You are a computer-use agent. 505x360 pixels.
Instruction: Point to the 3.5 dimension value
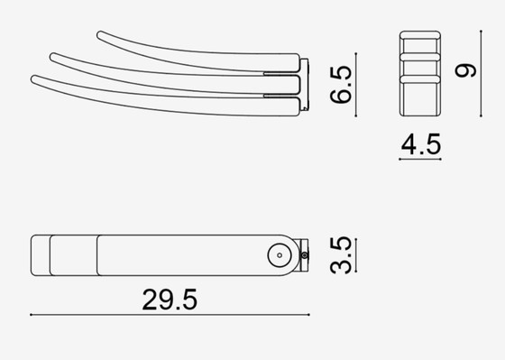click(x=340, y=256)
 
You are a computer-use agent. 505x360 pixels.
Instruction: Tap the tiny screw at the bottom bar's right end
click(x=305, y=257)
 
